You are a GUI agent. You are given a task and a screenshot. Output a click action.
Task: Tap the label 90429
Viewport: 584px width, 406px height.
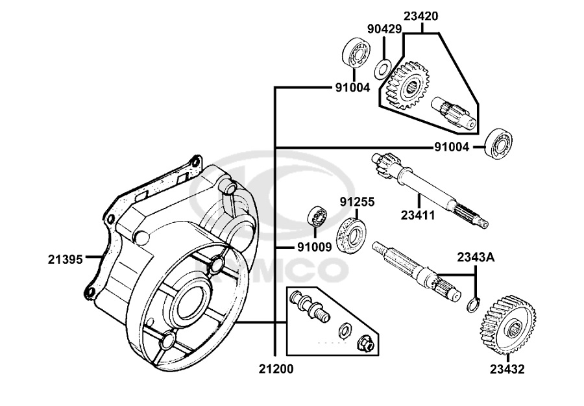385,29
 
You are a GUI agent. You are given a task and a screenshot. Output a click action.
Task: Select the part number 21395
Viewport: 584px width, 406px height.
65,259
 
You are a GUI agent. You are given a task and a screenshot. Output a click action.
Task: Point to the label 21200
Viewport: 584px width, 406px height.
276,369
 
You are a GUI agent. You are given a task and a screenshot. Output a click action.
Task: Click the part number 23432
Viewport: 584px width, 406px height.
507,369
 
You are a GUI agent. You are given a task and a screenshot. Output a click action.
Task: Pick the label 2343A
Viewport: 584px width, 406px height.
476,257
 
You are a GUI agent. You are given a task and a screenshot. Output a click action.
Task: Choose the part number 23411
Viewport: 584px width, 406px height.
418,215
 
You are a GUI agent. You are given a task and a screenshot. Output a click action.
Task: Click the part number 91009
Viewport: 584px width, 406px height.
314,247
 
